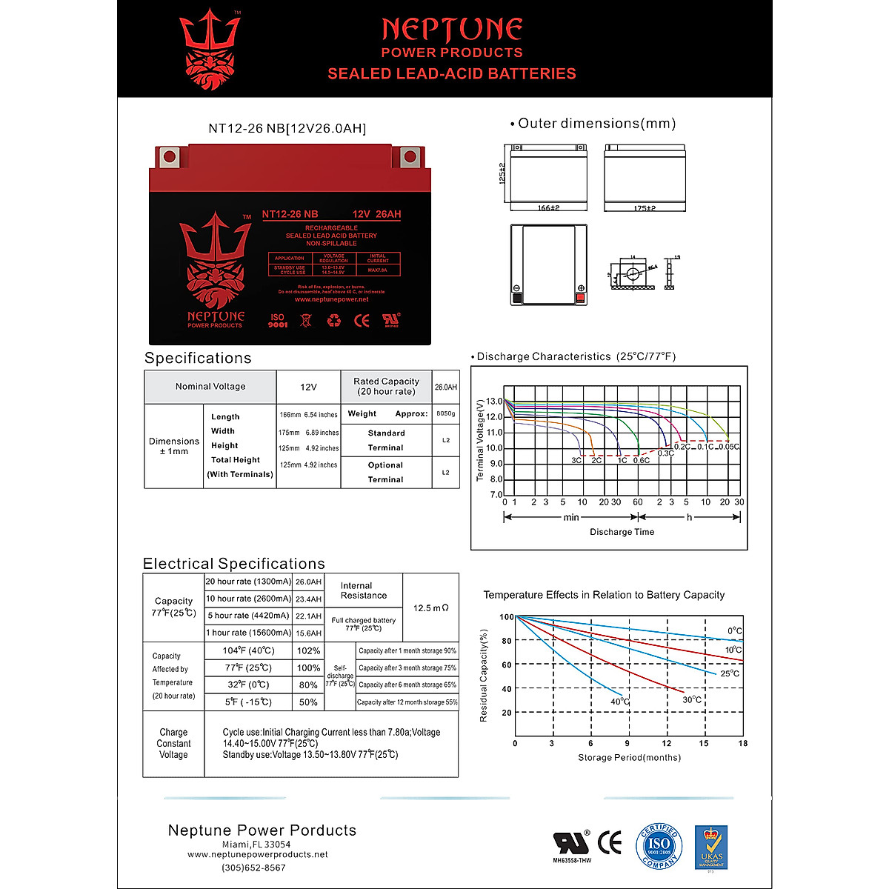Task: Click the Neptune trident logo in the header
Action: (x=210, y=48)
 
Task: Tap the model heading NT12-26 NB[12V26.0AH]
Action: (x=287, y=128)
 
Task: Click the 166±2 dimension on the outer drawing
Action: (x=548, y=208)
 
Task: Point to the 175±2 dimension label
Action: (x=645, y=208)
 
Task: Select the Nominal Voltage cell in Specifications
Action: (x=210, y=386)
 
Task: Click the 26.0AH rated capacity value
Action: (x=445, y=387)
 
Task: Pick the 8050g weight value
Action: (x=446, y=413)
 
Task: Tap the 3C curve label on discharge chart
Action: (x=576, y=460)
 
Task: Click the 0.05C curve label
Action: (x=729, y=447)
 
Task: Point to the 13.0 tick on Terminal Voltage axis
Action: (x=494, y=402)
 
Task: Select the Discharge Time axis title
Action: (x=622, y=532)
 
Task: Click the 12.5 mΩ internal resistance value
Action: (x=431, y=608)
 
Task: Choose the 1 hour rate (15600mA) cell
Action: (x=248, y=633)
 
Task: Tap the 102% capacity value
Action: (x=308, y=650)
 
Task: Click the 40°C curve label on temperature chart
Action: (x=620, y=702)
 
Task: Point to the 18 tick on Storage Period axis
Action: (x=742, y=743)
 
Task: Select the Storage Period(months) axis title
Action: (x=629, y=757)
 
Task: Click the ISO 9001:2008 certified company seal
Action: (x=658, y=846)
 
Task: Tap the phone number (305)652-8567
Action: (x=253, y=868)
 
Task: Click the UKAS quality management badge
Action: (x=710, y=848)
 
